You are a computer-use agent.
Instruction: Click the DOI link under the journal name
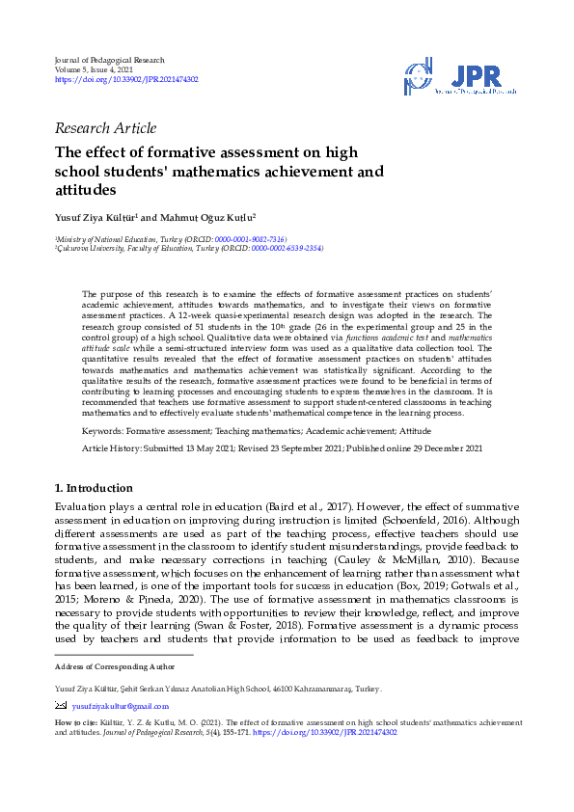coord(126,80)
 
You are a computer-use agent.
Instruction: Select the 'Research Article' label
coord(106,128)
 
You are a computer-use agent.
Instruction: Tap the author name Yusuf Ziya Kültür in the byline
coord(96,218)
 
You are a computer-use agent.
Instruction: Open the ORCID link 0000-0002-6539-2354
coord(287,248)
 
